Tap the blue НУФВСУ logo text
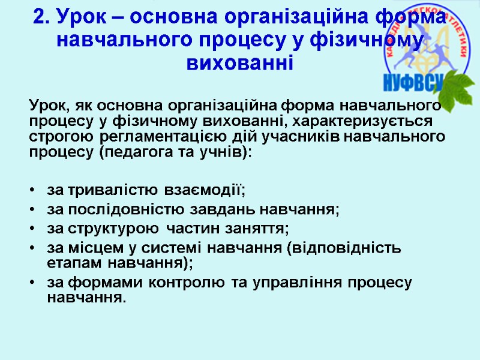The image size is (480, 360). coord(413,83)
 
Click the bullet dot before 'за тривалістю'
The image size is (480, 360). coord(32,191)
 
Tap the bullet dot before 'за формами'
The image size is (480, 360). coord(32,283)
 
